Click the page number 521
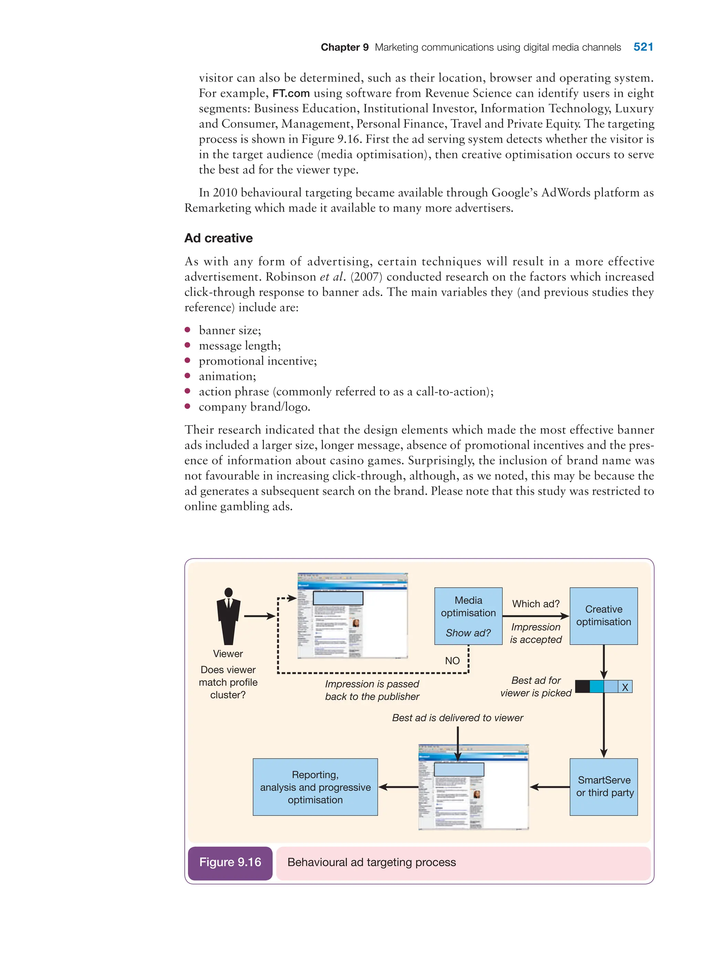(x=643, y=47)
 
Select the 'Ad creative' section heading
(x=219, y=238)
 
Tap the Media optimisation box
(x=468, y=615)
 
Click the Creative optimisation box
(x=603, y=615)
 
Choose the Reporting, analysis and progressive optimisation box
(x=315, y=787)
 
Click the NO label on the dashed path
(x=452, y=661)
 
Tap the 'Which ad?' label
(x=536, y=604)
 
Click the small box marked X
(x=625, y=687)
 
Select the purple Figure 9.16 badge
(x=230, y=862)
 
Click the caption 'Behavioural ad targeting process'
(x=372, y=862)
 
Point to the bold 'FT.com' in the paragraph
(x=291, y=93)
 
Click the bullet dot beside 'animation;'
(x=187, y=376)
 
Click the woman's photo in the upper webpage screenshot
(x=356, y=623)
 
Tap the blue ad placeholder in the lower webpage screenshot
(x=459, y=769)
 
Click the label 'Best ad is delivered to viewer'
(x=457, y=718)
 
